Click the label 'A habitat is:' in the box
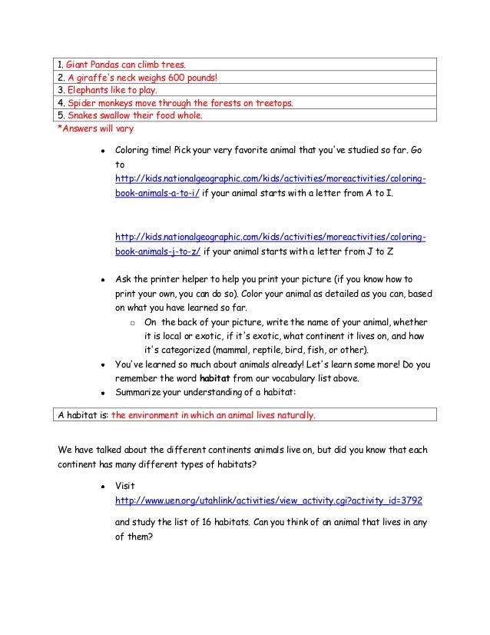pos(84,415)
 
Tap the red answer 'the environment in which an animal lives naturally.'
pos(214,415)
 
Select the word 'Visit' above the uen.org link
pos(124,487)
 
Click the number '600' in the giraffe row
pos(178,77)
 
